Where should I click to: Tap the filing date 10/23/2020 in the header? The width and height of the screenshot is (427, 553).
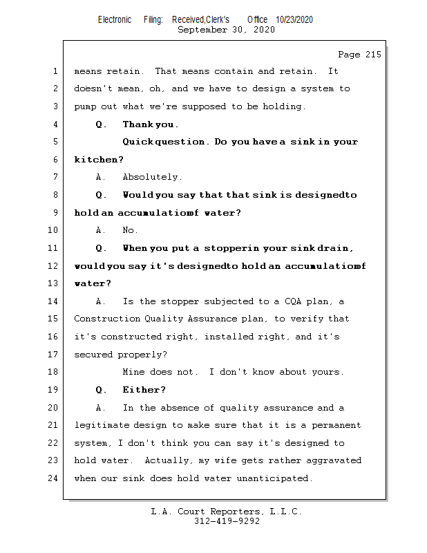[294, 20]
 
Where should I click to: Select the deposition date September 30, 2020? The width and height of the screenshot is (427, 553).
[226, 30]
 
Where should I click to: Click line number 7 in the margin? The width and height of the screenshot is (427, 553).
[55, 177]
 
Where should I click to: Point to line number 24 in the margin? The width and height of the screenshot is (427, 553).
[53, 478]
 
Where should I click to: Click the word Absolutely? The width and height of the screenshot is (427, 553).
[152, 177]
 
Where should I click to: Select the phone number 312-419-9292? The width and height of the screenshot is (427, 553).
[227, 521]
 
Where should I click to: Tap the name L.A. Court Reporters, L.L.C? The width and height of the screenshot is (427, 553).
[226, 512]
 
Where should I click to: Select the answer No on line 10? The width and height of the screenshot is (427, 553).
[129, 230]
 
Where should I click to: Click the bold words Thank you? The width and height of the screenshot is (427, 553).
[150, 124]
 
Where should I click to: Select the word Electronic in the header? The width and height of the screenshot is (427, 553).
[115, 20]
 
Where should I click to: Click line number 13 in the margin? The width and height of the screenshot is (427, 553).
[53, 283]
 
